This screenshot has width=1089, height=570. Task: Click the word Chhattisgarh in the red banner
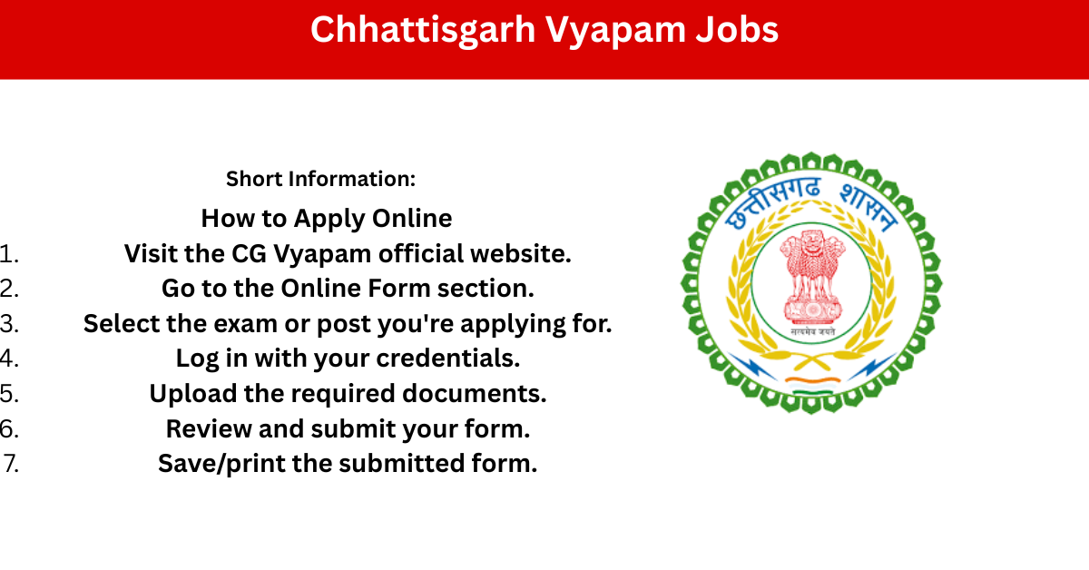click(423, 31)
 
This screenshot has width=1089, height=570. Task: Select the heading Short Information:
click(321, 179)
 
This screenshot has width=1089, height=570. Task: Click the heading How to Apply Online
click(326, 219)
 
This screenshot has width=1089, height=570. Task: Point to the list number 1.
click(9, 254)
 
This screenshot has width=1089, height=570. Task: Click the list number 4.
click(9, 359)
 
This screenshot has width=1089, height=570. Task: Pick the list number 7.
click(11, 464)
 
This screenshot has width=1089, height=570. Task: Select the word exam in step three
click(245, 324)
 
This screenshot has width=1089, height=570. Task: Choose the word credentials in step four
click(447, 359)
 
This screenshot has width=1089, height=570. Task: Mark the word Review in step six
click(209, 429)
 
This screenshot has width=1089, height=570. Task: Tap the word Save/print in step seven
click(221, 464)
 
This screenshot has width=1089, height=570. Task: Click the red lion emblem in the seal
click(812, 277)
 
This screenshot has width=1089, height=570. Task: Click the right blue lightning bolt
click(872, 366)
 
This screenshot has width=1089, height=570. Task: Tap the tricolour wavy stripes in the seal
click(812, 385)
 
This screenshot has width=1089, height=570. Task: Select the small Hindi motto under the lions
click(812, 331)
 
